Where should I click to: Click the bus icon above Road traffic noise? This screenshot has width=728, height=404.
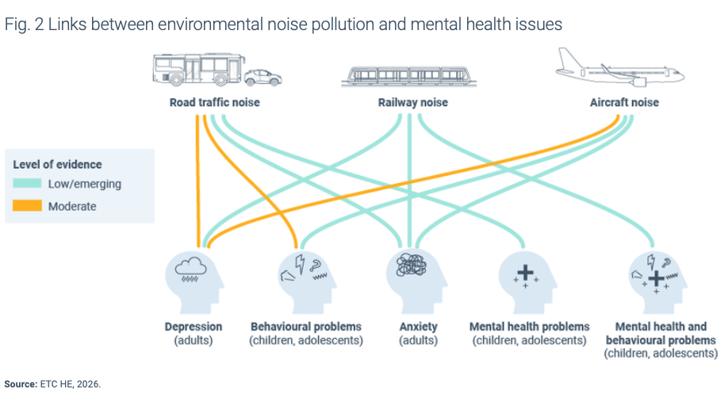coord(196,70)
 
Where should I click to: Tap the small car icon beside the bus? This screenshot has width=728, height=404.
coord(262,78)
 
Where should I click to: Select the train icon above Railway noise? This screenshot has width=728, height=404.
coord(408,75)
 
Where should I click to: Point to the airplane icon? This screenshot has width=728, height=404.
coord(619,68)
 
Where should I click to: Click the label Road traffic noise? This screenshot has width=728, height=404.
coord(214,103)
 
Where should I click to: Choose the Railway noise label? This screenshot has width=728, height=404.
coord(412,103)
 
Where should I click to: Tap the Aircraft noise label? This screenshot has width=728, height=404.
coord(624,103)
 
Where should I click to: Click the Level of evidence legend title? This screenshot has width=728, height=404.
coord(57,164)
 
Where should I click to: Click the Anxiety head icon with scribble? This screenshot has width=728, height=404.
coord(412,276)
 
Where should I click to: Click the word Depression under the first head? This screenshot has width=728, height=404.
coord(193,326)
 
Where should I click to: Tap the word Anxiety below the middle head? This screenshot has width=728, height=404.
coord(418,326)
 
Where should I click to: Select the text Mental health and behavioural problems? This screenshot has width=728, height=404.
coord(661,333)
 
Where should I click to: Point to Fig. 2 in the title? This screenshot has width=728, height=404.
coord(24,25)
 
